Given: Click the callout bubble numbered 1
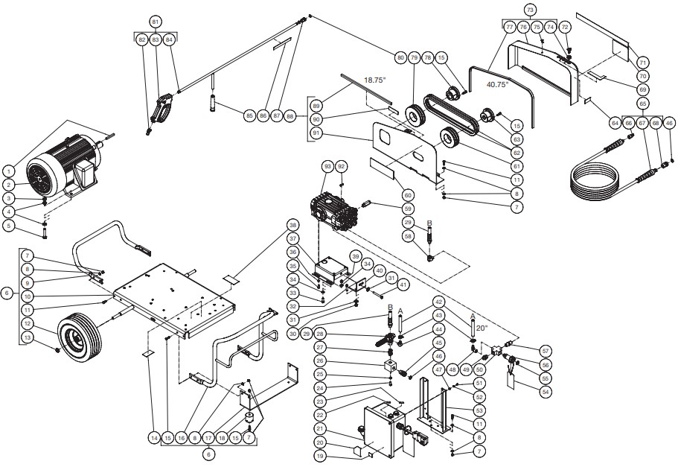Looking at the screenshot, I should click(8, 171).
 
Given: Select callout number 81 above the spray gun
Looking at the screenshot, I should click(155, 22).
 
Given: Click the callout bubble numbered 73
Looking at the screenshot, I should click(530, 10).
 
